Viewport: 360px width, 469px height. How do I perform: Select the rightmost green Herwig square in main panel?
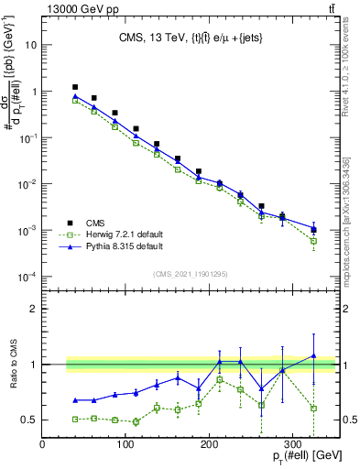(x=313, y=241)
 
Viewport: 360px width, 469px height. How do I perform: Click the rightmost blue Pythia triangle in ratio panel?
(x=313, y=355)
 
